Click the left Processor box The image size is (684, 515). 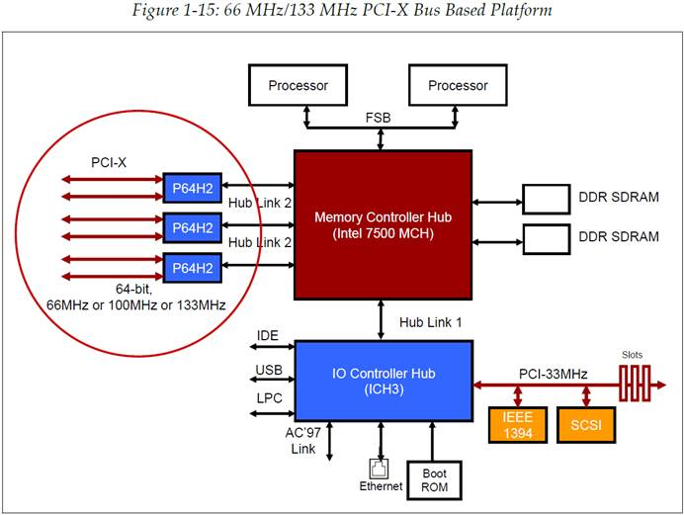tap(298, 85)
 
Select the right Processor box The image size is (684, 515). tap(458, 85)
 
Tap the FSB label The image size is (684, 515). tap(378, 118)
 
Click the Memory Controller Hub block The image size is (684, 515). tap(383, 225)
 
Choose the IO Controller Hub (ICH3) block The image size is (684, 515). tap(384, 382)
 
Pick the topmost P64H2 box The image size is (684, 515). tap(193, 188)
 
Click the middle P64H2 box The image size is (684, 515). tap(193, 227)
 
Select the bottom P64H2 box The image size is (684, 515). tap(193, 268)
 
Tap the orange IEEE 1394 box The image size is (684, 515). tap(518, 425)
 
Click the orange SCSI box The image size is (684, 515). tap(586, 425)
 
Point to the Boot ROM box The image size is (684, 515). tap(435, 480)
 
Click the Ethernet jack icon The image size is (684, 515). tap(379, 469)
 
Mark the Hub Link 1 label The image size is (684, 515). tap(431, 322)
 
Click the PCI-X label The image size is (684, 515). tap(109, 163)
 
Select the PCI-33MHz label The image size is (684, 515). tap(554, 374)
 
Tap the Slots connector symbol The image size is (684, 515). tap(635, 384)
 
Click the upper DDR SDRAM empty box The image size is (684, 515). tap(547, 200)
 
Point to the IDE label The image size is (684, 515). tap(268, 335)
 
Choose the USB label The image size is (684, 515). tap(269, 370)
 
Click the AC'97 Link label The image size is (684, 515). tap(303, 441)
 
